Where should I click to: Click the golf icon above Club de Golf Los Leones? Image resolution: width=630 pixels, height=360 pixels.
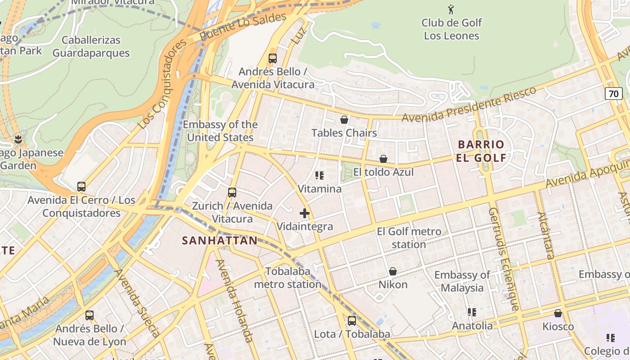[451, 9]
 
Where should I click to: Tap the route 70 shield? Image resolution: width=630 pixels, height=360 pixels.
[614, 94]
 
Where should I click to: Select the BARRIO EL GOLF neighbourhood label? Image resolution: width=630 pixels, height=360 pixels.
[481, 151]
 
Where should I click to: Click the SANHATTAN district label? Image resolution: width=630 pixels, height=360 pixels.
[220, 241]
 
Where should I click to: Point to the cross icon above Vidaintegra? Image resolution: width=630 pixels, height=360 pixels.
[305, 213]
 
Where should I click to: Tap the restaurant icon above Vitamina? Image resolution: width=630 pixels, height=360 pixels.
[319, 175]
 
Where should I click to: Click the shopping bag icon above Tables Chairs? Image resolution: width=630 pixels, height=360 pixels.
[344, 120]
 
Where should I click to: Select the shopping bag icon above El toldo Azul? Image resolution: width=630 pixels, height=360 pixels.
[383, 159]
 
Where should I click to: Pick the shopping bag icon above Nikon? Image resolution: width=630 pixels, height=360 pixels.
[393, 271]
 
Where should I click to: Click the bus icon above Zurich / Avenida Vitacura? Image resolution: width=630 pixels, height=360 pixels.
[232, 193]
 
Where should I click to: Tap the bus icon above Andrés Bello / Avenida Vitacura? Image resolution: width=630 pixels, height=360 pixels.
[273, 58]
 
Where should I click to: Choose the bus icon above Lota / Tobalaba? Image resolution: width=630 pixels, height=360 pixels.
[352, 321]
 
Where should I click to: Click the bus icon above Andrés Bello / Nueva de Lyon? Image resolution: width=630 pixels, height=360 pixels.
[90, 315]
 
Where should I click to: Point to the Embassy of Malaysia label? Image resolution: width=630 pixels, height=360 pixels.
[462, 281]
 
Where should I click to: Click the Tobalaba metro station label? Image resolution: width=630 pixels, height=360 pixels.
[288, 278]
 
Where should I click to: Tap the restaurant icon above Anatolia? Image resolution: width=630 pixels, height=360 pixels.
[472, 312]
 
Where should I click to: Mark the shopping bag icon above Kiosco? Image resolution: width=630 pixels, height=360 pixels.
[558, 313]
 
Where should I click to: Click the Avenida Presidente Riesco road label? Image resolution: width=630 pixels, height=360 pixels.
[469, 104]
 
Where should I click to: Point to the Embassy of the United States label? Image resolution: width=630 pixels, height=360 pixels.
[220, 131]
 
